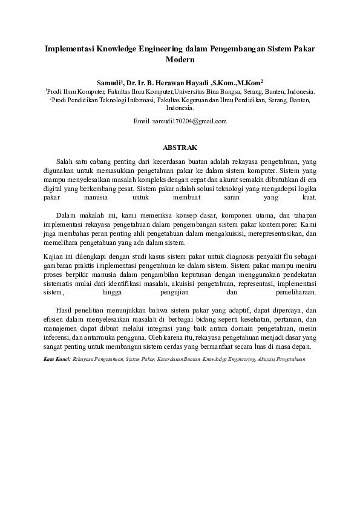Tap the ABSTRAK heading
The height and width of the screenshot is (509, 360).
tap(180, 147)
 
